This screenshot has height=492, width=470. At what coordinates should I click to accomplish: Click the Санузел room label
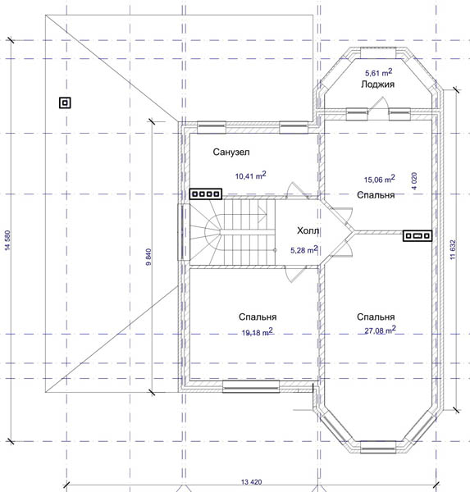(x=231, y=153)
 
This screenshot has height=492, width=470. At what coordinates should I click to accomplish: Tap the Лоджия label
(x=377, y=84)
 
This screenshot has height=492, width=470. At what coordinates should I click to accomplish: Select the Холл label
(x=308, y=231)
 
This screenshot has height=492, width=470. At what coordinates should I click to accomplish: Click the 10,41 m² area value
(x=250, y=175)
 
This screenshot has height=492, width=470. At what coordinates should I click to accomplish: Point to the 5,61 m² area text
(x=378, y=72)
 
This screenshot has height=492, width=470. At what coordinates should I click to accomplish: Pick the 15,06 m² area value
(x=379, y=179)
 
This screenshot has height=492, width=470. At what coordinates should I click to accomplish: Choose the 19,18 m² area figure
(x=257, y=332)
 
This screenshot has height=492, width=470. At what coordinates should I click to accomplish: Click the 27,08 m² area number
(x=380, y=330)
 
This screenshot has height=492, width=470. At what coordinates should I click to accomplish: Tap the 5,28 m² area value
(x=304, y=250)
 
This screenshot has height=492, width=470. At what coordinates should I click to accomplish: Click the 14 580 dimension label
(x=8, y=240)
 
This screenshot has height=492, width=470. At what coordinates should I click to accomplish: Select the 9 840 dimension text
(x=148, y=257)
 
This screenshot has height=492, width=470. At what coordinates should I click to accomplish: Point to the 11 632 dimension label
(x=453, y=250)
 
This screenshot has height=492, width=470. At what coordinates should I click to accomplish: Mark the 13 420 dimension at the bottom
(x=251, y=482)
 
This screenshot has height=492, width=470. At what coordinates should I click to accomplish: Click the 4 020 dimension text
(x=414, y=180)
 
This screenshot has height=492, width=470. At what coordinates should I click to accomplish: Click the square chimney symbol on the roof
(x=65, y=102)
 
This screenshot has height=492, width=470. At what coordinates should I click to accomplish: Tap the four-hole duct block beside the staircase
(x=206, y=194)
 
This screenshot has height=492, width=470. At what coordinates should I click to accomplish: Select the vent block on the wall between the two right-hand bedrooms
(x=418, y=235)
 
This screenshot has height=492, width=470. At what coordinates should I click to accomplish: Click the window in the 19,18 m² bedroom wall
(x=251, y=386)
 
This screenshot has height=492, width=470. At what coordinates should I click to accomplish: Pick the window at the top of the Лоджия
(x=378, y=52)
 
